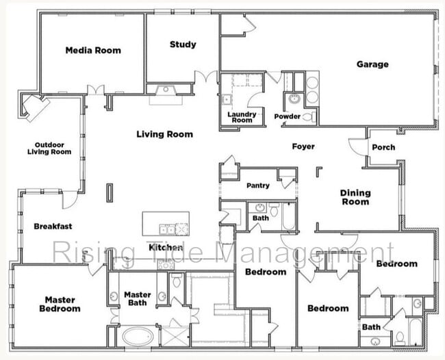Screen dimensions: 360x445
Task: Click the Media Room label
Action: click(x=93, y=50)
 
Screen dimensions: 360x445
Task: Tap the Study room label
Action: click(x=183, y=44)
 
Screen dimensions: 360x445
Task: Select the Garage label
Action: click(x=372, y=64)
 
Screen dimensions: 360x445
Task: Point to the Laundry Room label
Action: click(x=242, y=117)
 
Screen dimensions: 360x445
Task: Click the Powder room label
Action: click(x=287, y=116)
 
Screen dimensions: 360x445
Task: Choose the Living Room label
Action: click(x=164, y=134)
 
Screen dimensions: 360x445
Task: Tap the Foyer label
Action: click(x=303, y=146)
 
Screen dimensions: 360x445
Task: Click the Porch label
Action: click(x=383, y=148)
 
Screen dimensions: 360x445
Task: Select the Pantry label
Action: click(x=258, y=185)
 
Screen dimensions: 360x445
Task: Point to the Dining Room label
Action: click(x=355, y=197)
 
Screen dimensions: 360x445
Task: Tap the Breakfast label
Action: click(x=53, y=226)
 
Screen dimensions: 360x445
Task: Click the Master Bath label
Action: click(x=138, y=299)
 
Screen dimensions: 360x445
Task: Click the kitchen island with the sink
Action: click(x=165, y=224)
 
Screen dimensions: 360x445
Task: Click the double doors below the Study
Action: click(x=205, y=77)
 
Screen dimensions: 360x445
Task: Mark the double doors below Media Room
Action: click(x=97, y=90)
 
